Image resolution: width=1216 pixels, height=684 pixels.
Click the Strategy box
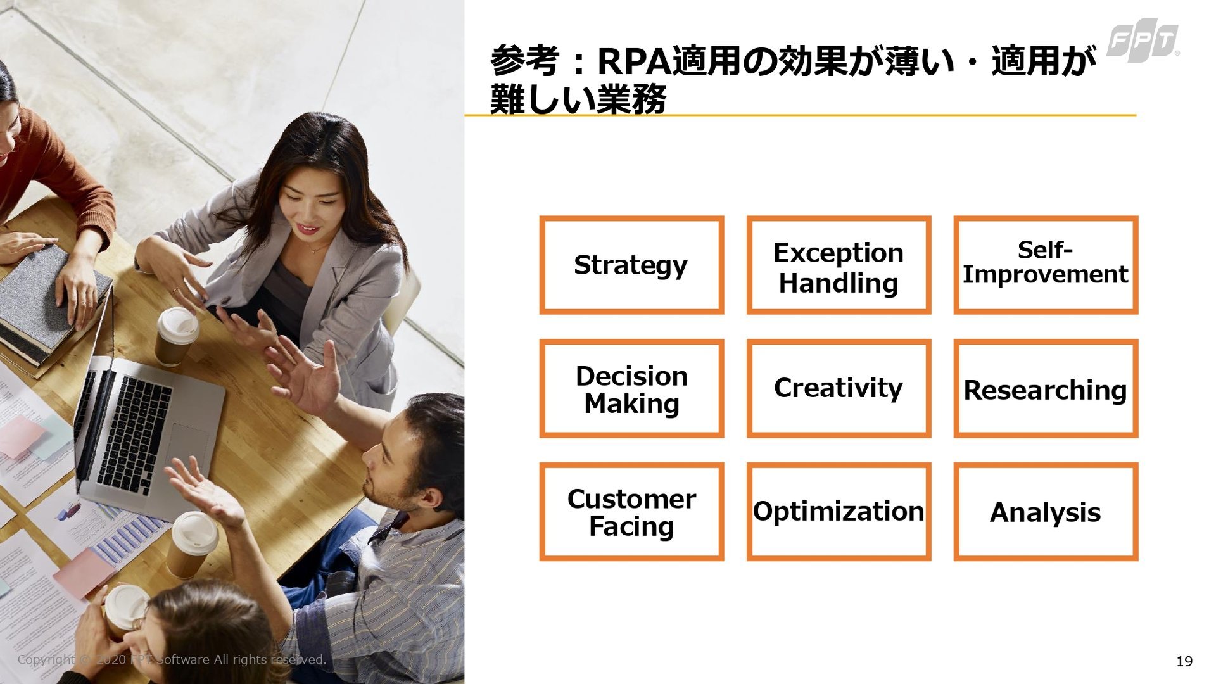pyautogui.click(x=631, y=265)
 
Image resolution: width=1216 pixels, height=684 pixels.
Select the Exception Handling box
pyautogui.click(x=839, y=265)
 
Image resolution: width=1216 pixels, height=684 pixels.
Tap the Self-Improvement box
pyautogui.click(x=1046, y=265)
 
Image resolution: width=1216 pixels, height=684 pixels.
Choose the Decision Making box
pyautogui.click(x=631, y=388)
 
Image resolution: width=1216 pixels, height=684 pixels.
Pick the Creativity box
pyautogui.click(x=839, y=388)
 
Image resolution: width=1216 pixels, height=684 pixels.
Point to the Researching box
pyautogui.click(x=1046, y=388)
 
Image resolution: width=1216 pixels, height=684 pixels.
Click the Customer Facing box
pyautogui.click(x=631, y=512)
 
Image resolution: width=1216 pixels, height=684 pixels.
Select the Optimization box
pyautogui.click(x=839, y=512)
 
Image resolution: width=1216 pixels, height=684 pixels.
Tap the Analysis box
pyautogui.click(x=1046, y=512)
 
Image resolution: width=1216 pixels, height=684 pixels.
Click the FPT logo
pyautogui.click(x=1143, y=42)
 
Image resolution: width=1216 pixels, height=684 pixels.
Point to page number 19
pyautogui.click(x=1184, y=661)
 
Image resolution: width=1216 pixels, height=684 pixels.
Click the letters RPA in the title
pyautogui.click(x=634, y=61)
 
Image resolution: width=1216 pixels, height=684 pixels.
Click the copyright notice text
pyautogui.click(x=172, y=659)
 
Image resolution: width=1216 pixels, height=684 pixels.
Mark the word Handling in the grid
pyautogui.click(x=839, y=283)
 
